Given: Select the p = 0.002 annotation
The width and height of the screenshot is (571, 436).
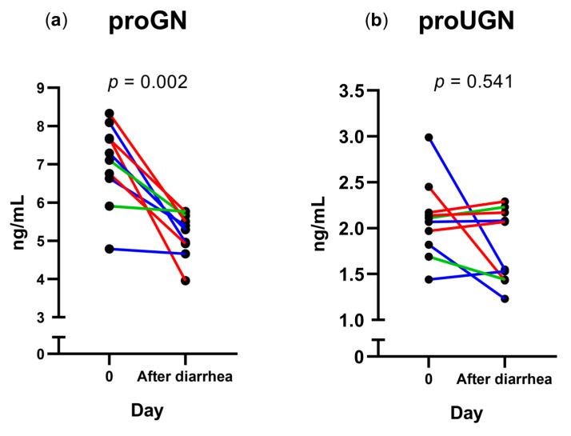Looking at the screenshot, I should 148,81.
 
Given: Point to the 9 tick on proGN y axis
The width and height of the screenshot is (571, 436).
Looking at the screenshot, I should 40,88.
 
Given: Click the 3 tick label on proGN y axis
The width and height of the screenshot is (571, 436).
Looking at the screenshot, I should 40,318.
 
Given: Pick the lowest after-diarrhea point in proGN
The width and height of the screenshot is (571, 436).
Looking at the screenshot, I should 186,280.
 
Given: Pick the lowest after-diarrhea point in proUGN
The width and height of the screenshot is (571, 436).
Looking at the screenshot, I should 505,298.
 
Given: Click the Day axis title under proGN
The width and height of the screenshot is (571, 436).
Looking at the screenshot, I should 148,411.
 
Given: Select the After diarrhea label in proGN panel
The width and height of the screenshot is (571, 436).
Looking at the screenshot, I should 186,376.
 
